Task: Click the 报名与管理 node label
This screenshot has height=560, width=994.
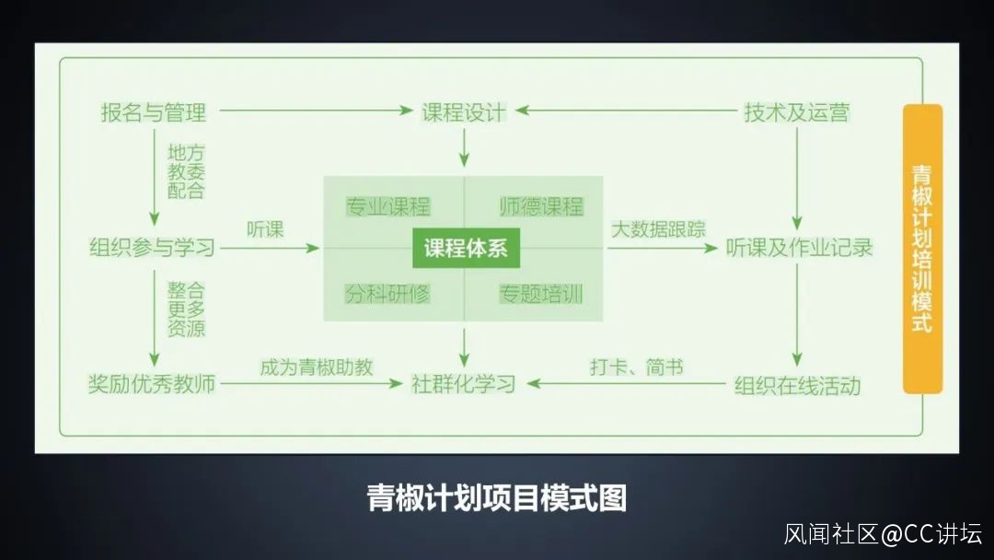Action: (x=154, y=113)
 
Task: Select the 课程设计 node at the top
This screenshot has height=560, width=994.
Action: (x=464, y=112)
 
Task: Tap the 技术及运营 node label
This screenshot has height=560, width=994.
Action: (x=796, y=113)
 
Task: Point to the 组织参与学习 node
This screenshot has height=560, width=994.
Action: (x=152, y=247)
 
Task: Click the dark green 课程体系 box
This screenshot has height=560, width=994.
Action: (x=465, y=249)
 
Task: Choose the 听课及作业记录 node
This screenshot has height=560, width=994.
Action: (x=799, y=247)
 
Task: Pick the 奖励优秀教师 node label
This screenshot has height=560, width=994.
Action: (x=152, y=383)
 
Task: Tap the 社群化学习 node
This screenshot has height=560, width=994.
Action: (x=464, y=383)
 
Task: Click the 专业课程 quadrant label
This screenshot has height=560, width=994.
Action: (x=387, y=206)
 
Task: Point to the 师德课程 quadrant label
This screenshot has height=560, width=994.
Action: (x=541, y=206)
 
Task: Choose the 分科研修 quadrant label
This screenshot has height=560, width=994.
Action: (x=387, y=294)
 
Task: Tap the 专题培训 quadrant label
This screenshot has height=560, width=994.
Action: (x=541, y=295)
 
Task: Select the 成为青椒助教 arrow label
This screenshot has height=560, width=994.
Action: (x=316, y=367)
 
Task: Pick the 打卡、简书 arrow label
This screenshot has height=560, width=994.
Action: (x=636, y=367)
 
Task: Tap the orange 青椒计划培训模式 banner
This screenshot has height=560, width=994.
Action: (x=921, y=249)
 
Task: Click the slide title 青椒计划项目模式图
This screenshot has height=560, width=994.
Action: (x=497, y=498)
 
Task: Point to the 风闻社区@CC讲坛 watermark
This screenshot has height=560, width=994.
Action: (x=883, y=533)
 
